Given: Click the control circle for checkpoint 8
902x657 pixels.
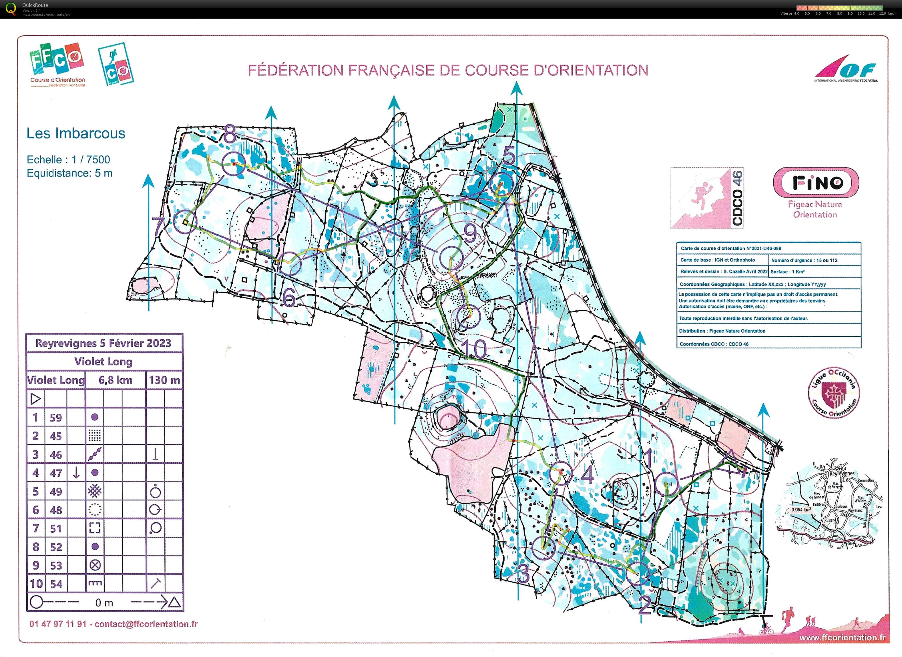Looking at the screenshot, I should coord(234,164).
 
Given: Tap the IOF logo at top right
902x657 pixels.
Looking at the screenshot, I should coord(846,72).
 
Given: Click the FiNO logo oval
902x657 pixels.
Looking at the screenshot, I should coord(816,183).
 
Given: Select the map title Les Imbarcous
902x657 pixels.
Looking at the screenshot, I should coord(75,133).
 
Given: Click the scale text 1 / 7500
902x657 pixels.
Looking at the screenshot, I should coord(91,159).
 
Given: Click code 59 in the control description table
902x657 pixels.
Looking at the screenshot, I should coord(56,418).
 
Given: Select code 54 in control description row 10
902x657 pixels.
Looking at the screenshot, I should coord(56,584).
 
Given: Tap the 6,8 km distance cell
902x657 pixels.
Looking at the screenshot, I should coord(116,380).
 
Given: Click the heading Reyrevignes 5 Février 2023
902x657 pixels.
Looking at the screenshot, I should coord(103,343).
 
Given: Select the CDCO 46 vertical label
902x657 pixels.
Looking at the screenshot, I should coord(738,198).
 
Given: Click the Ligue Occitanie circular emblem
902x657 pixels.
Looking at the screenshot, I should coord(834,393).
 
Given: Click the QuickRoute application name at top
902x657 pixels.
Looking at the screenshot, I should coord(35,5).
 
